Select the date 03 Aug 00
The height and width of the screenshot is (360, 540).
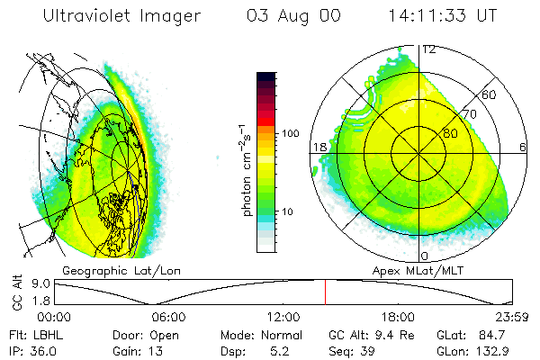[292, 16]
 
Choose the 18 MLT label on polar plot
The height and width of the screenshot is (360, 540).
[319, 147]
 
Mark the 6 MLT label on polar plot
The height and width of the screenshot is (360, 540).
[523, 147]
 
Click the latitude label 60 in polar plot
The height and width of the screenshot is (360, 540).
[490, 94]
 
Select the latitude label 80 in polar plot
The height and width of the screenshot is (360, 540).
[450, 133]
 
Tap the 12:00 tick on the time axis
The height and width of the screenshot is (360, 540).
[283, 317]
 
